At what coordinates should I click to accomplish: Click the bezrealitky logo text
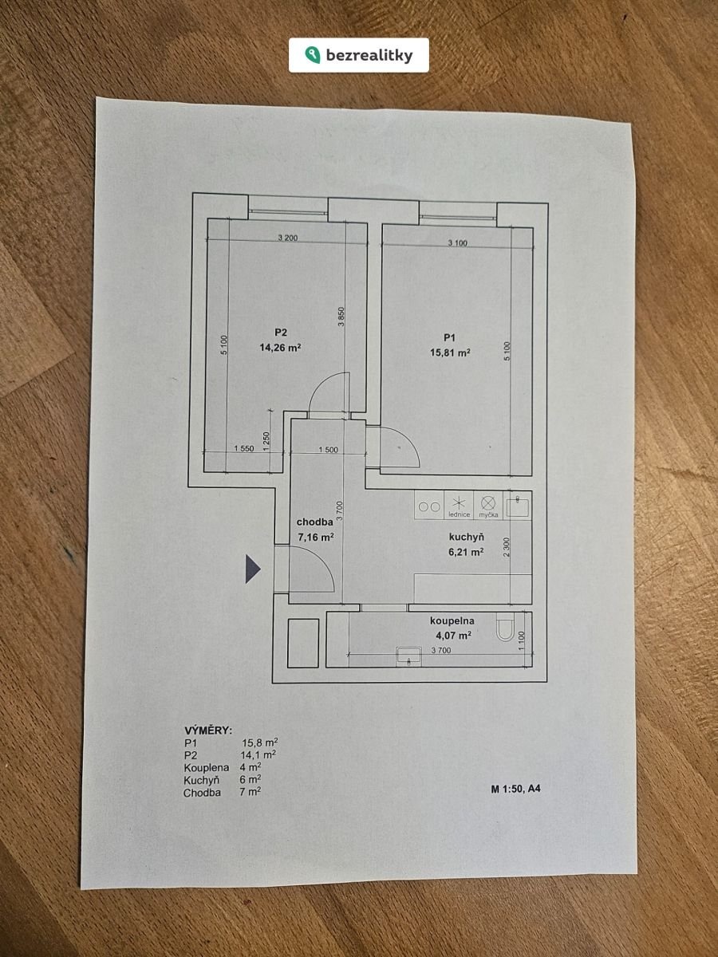369,55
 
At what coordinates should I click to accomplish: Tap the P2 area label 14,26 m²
280,348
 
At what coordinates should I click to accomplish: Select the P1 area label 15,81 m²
450,352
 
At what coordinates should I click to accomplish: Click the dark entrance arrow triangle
253,569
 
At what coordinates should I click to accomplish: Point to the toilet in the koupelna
505,627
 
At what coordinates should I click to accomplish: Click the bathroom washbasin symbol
408,656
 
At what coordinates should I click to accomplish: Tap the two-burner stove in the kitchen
429,506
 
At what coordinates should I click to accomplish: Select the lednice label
460,514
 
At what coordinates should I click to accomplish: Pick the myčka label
489,514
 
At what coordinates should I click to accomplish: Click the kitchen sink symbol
518,506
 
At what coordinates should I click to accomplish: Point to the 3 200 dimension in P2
288,238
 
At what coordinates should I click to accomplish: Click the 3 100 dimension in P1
458,243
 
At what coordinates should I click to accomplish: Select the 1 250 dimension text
266,441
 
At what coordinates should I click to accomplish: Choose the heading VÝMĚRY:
208,731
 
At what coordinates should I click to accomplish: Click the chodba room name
315,522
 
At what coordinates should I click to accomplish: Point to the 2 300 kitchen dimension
506,547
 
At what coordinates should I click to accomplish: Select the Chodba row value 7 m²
251,792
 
